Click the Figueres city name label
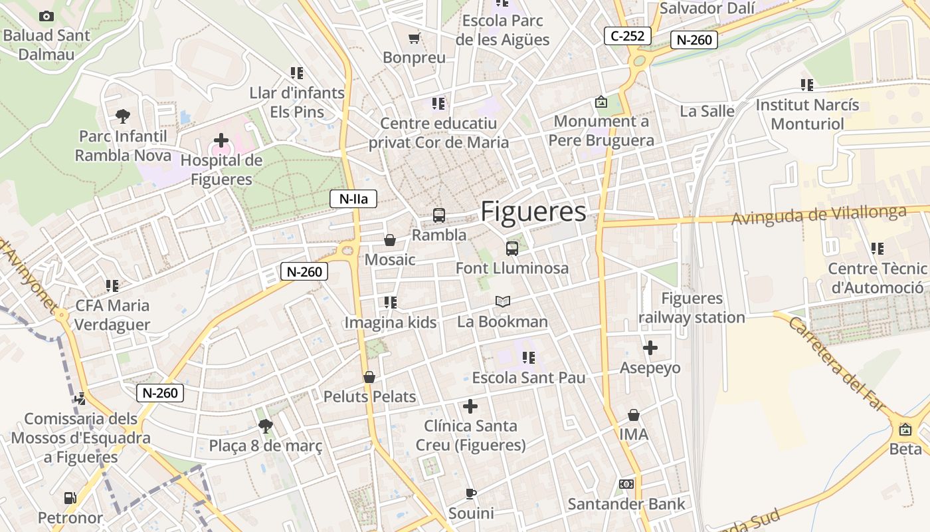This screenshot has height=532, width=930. pyautogui.click(x=533, y=211)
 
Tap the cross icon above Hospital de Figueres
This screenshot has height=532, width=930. pyautogui.click(x=221, y=140)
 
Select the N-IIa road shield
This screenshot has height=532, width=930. pyautogui.click(x=353, y=198)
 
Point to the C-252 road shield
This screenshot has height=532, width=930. pyautogui.click(x=627, y=36)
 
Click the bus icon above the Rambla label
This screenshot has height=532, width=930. pyautogui.click(x=439, y=215)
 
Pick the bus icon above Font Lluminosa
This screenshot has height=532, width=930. pyautogui.click(x=511, y=249)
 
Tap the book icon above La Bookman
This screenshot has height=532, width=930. pyautogui.click(x=503, y=302)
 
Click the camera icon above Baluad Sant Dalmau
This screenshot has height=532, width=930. pyautogui.click(x=46, y=16)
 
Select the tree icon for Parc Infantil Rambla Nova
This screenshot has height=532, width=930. pyautogui.click(x=123, y=116)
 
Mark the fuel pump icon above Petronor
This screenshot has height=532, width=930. pyautogui.click(x=70, y=497)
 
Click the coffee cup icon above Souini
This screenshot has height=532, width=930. pyautogui.click(x=470, y=493)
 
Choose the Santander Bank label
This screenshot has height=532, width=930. pyautogui.click(x=626, y=504)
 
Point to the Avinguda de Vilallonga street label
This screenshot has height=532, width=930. pyautogui.click(x=819, y=215)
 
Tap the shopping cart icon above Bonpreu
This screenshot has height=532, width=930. pyautogui.click(x=414, y=38)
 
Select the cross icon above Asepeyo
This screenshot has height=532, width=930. pyautogui.click(x=650, y=347)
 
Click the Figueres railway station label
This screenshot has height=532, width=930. pyautogui.click(x=692, y=308)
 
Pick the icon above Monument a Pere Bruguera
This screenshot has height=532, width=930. pyautogui.click(x=601, y=102)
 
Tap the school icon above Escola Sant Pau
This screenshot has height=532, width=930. pyautogui.click(x=529, y=358)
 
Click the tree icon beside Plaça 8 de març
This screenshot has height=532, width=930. pyautogui.click(x=266, y=426)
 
